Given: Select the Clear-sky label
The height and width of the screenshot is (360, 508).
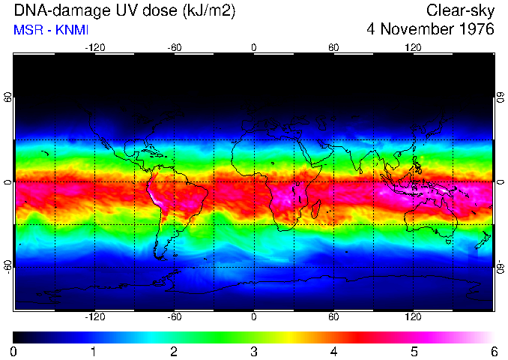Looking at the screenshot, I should click(x=461, y=10).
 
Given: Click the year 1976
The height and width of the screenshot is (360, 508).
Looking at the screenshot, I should click(x=474, y=30).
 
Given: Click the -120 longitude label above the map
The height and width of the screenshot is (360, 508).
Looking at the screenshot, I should click(x=94, y=47).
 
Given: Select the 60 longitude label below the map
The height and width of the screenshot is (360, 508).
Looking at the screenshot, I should click(x=333, y=317).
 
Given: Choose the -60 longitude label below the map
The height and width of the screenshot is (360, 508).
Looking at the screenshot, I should click(x=174, y=317).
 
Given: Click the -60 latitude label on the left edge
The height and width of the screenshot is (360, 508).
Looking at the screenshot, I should click(x=8, y=266).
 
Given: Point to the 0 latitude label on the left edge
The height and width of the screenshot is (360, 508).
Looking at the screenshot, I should click(x=8, y=182).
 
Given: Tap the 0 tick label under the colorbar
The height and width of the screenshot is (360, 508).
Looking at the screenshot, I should click(x=13, y=351).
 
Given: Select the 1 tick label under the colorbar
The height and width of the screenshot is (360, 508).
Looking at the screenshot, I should click(x=94, y=351).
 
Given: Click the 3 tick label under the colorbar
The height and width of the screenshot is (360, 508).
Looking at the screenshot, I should click(x=253, y=351).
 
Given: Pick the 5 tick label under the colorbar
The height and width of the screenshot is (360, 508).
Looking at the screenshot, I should click(x=414, y=351).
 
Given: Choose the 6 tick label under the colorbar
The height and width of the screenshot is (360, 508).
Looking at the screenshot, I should click(x=493, y=351).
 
